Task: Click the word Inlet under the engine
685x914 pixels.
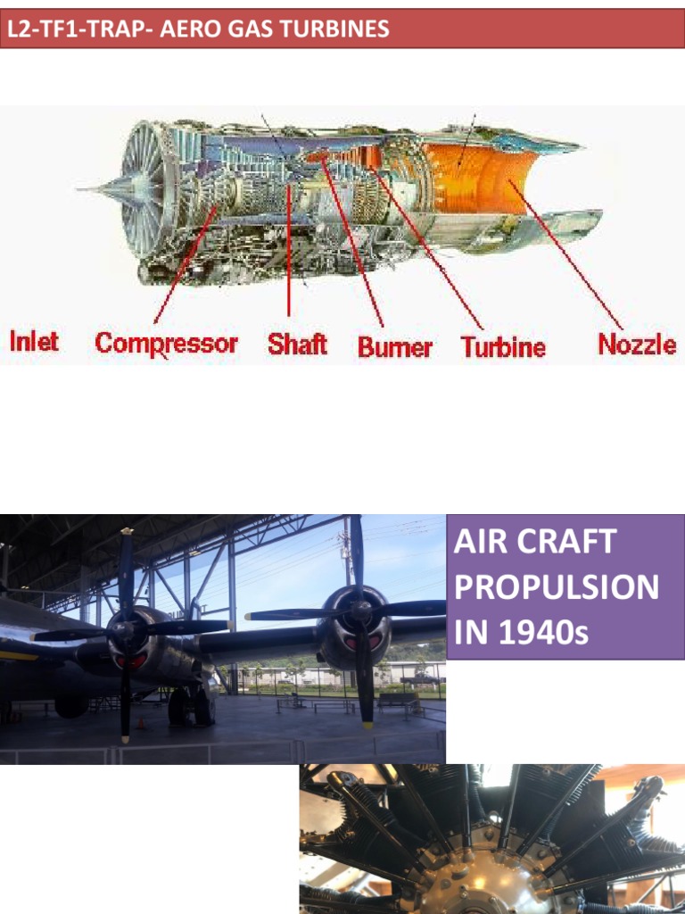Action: pyautogui.click(x=34, y=341)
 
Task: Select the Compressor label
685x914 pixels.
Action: pyautogui.click(x=166, y=344)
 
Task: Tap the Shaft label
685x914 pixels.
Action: pyautogui.click(x=297, y=345)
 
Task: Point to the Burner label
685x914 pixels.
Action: pyautogui.click(x=394, y=346)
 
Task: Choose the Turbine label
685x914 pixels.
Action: pyautogui.click(x=503, y=346)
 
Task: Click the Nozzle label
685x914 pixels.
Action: pyautogui.click(x=637, y=345)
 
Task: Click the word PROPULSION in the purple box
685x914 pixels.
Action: pyautogui.click(x=557, y=587)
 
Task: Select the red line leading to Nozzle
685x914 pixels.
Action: pyautogui.click(x=571, y=259)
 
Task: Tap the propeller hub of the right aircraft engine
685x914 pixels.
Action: pyautogui.click(x=359, y=611)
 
